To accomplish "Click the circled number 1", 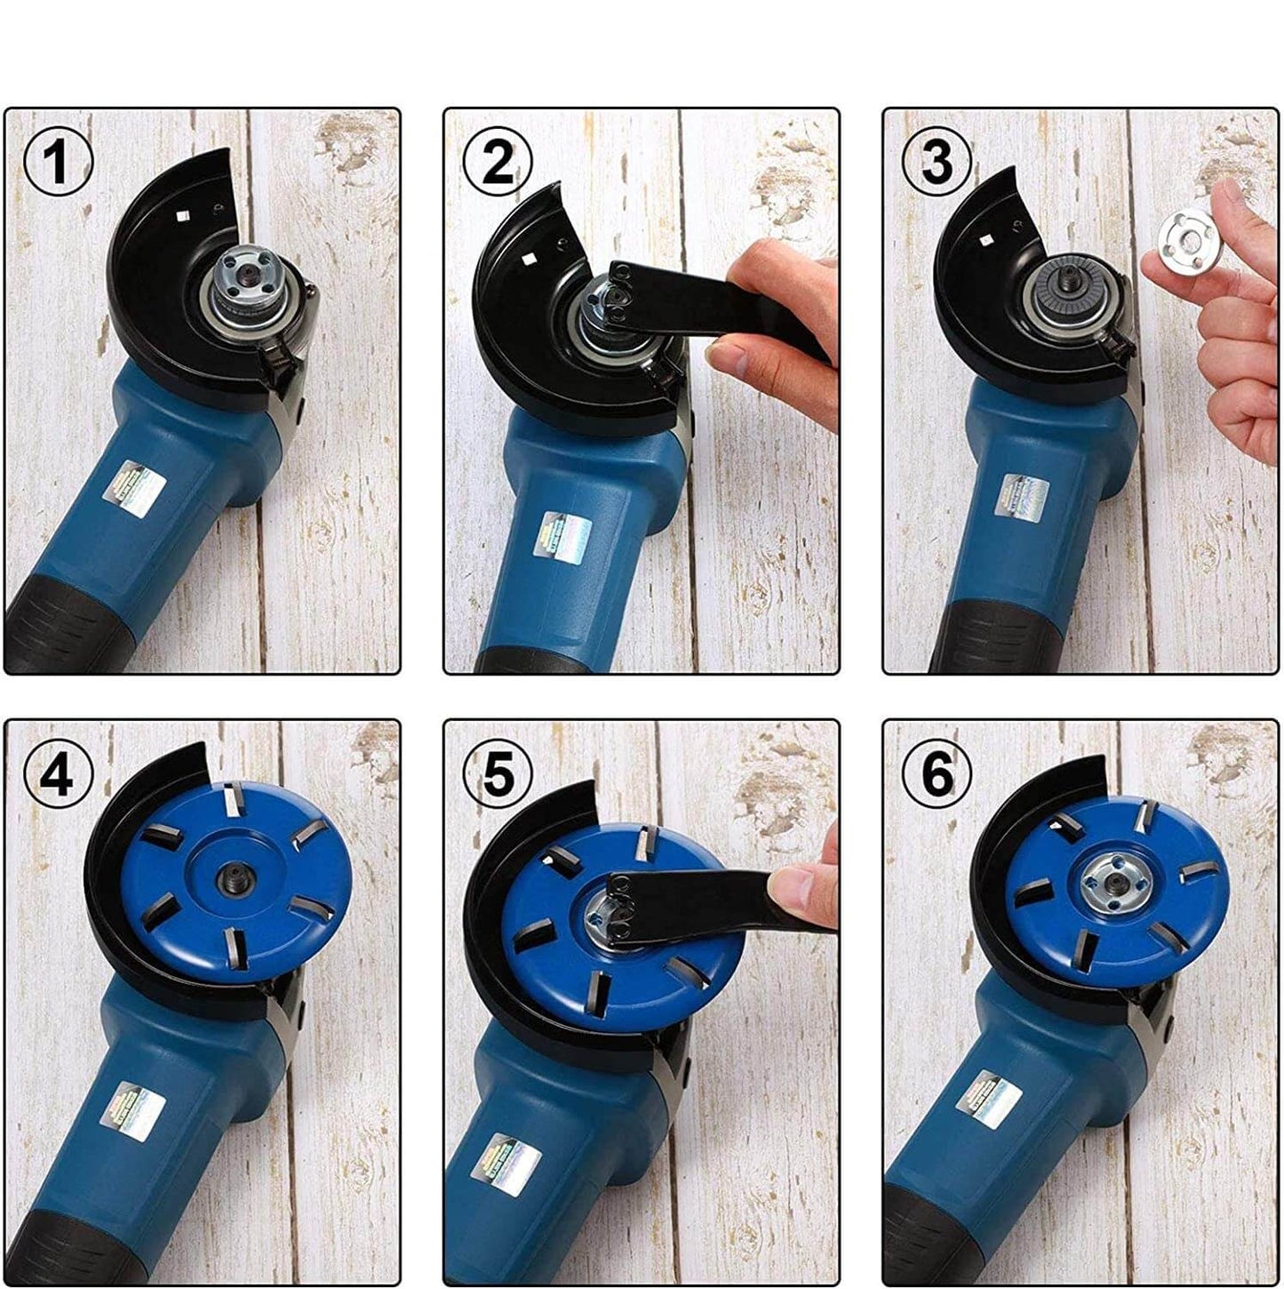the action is (58, 164).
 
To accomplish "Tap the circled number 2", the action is (497, 164).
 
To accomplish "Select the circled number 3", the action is (937, 164).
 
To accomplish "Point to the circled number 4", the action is (58, 776).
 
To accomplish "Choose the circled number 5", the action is (497, 776).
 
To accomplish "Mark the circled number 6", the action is (937, 776).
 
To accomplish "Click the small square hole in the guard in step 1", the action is (180, 216).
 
